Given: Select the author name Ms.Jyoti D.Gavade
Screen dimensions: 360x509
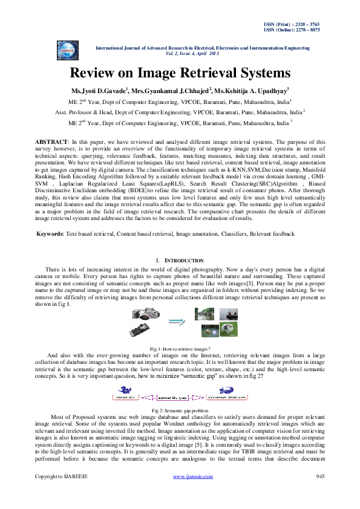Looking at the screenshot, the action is pos(99,91).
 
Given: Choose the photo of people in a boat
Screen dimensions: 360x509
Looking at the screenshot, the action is pos(227,314).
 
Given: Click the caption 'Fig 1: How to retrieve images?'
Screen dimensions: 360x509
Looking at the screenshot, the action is pos(180,349).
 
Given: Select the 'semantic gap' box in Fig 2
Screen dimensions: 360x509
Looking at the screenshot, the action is pos(173,398).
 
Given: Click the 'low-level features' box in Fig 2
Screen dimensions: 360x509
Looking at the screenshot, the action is pos(224,398).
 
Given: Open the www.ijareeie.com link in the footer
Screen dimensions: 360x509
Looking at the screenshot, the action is pos(193,494).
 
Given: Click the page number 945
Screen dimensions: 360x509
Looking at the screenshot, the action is pos(321,494).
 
